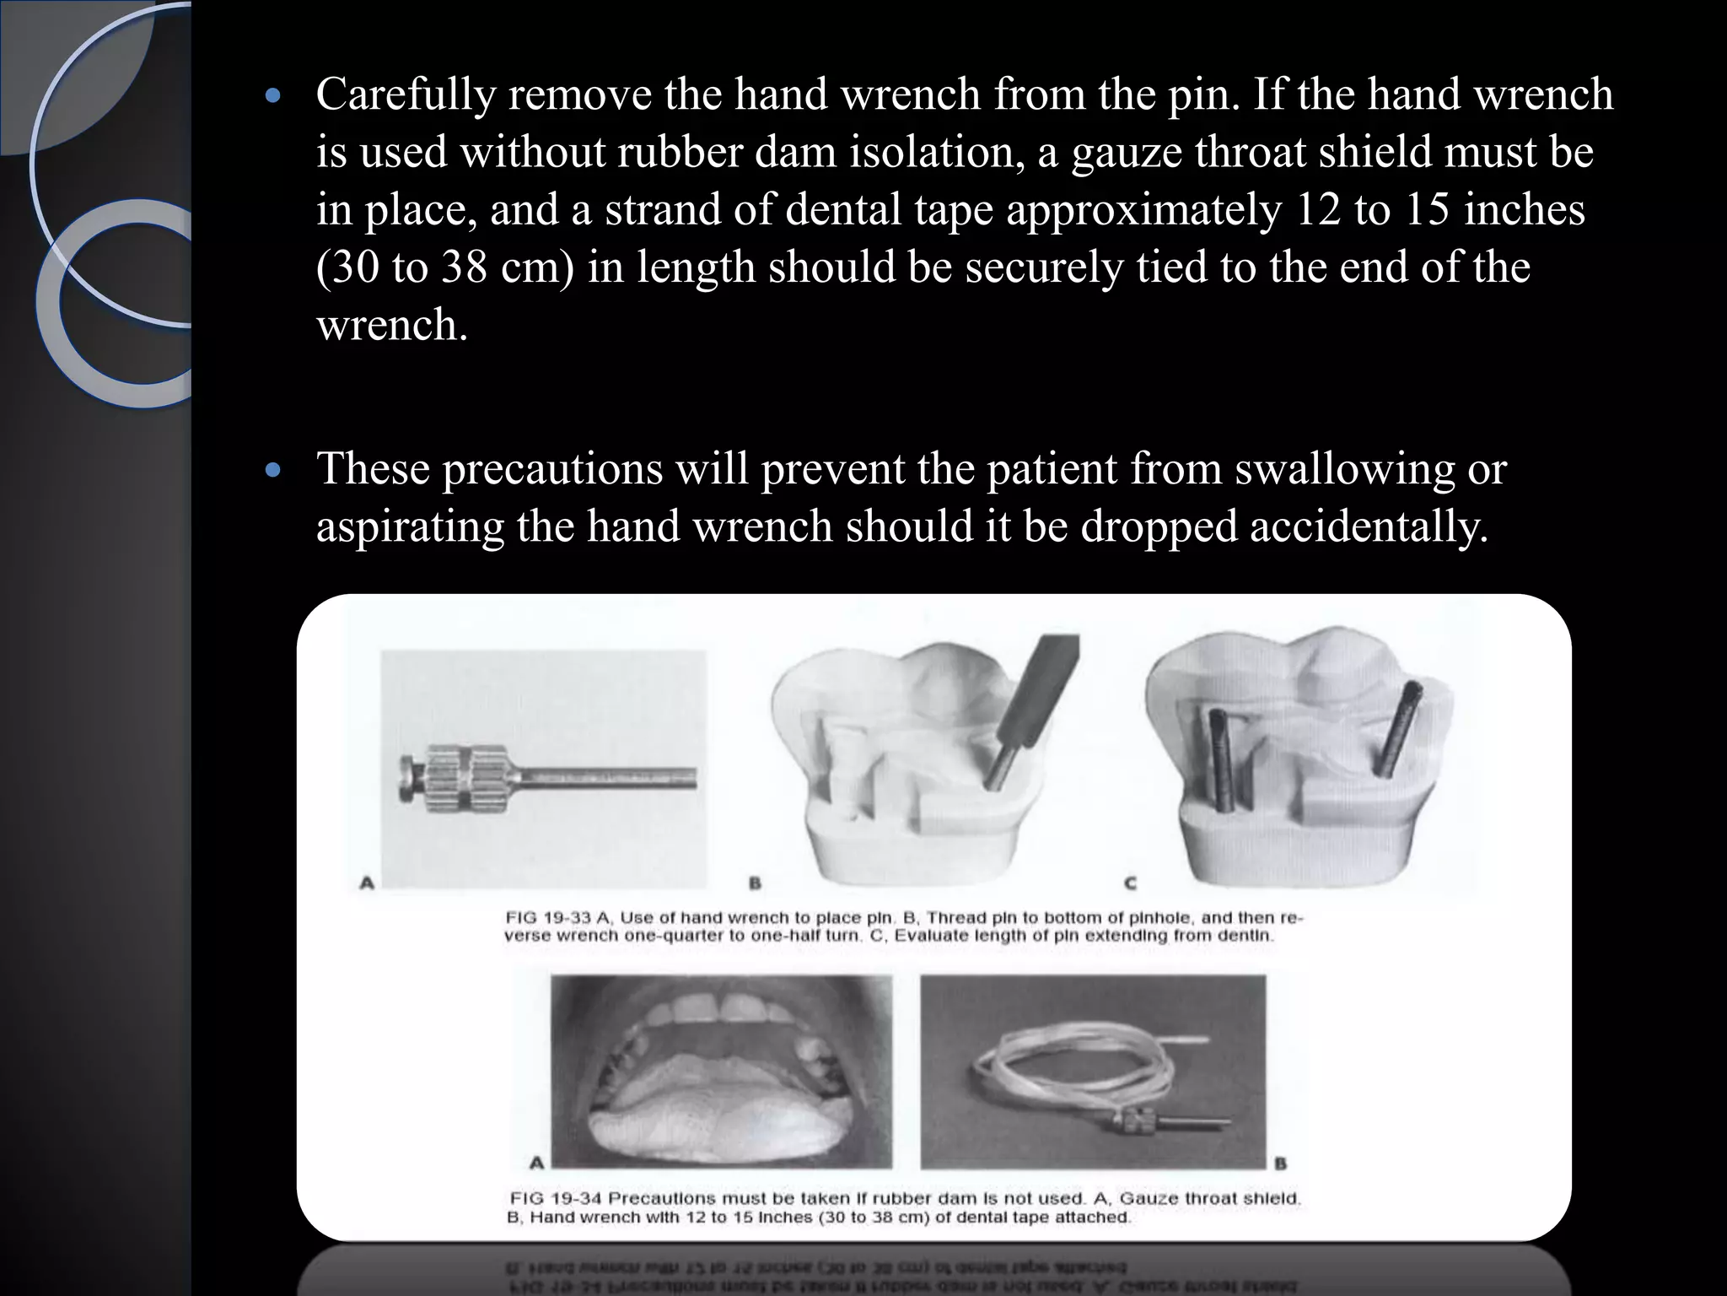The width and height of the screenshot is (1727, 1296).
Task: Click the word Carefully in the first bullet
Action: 404,95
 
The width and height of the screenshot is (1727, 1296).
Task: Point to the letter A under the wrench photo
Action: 367,883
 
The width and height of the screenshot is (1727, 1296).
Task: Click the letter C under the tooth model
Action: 1130,883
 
